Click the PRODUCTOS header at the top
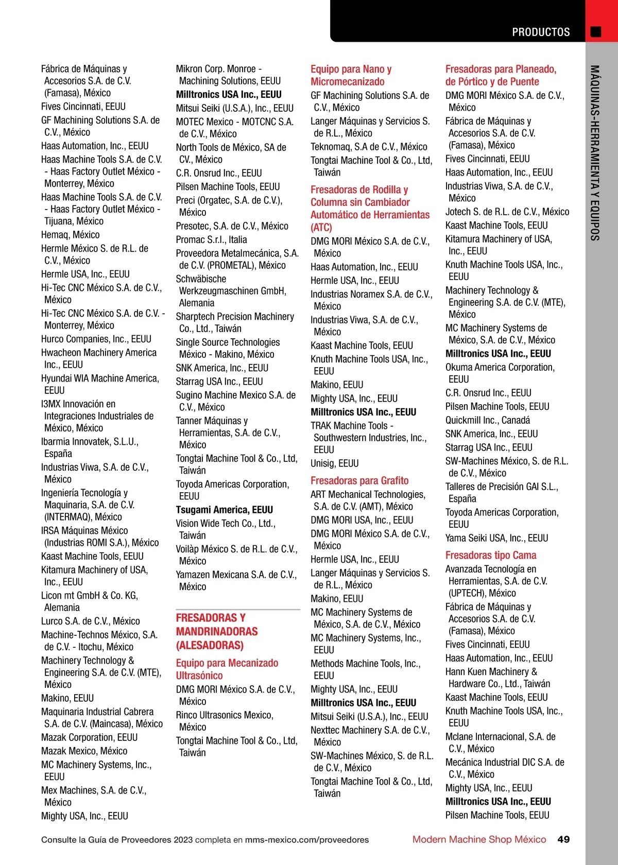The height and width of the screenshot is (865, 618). (x=541, y=32)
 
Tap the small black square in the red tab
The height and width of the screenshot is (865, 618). (x=595, y=32)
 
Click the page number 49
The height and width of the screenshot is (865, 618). (x=563, y=839)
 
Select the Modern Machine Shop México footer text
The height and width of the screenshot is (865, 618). (x=479, y=839)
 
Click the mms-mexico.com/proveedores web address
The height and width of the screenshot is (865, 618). (x=307, y=840)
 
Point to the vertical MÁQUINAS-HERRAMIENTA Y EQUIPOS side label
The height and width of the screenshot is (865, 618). (x=595, y=152)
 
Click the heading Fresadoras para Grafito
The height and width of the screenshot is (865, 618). (x=359, y=480)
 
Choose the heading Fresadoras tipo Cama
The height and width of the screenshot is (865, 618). (x=491, y=555)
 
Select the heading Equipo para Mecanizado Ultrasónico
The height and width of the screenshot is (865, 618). (x=227, y=669)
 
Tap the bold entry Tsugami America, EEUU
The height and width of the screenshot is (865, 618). (x=225, y=510)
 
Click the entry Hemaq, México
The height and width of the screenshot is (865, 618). (x=71, y=235)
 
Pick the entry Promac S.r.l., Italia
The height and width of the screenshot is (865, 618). (x=211, y=239)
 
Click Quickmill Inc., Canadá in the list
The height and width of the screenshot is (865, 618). (x=488, y=420)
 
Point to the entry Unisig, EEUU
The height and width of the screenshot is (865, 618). (x=335, y=463)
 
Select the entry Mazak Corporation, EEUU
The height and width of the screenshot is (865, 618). (x=89, y=737)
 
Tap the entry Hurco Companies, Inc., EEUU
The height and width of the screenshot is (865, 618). (x=96, y=339)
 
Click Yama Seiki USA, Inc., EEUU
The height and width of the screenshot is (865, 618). (x=496, y=538)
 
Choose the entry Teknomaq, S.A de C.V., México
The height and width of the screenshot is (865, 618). (x=369, y=147)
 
